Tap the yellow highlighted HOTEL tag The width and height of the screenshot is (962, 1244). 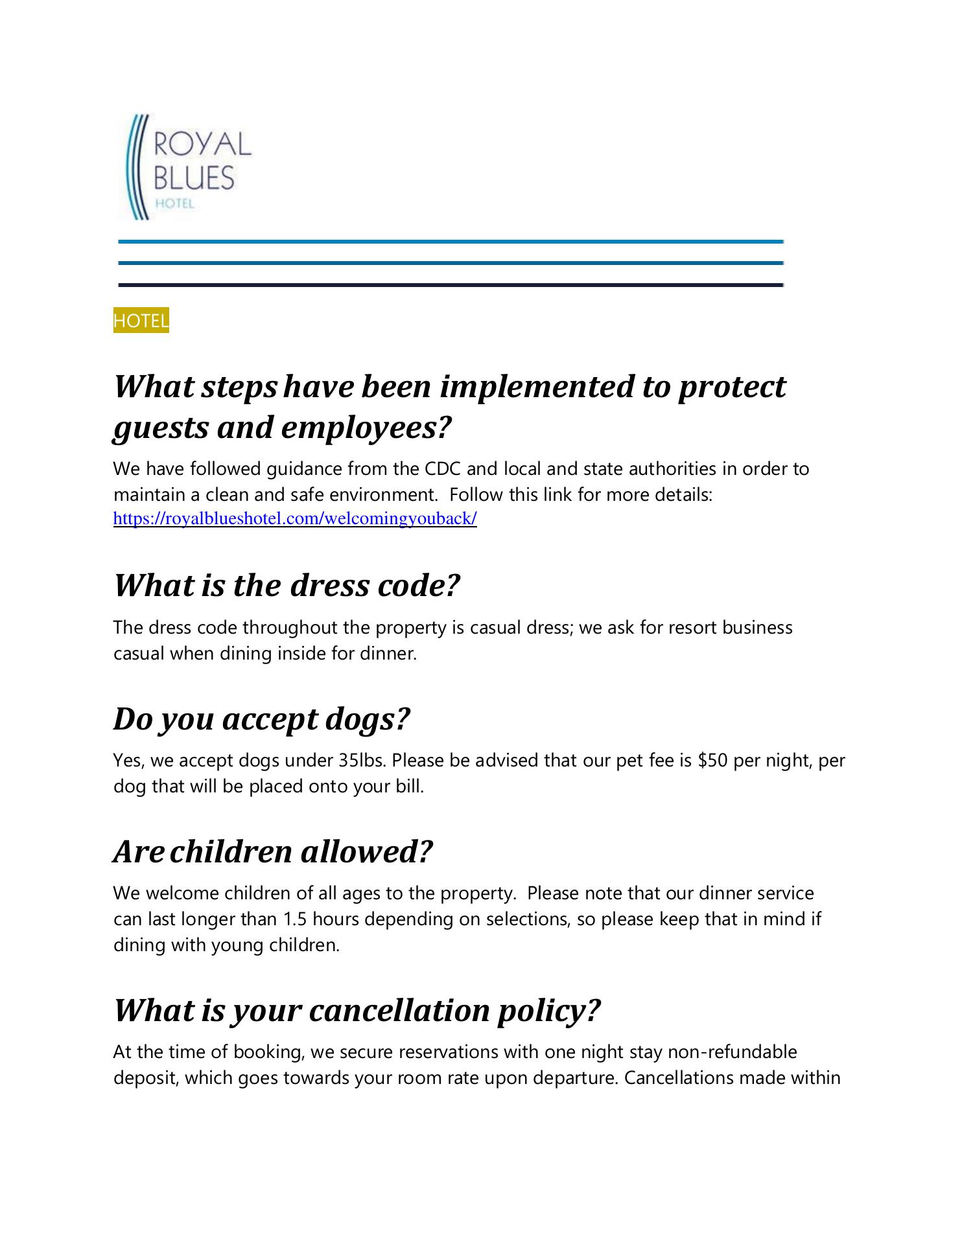click(x=141, y=320)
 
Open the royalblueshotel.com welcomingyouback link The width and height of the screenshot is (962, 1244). click(x=295, y=519)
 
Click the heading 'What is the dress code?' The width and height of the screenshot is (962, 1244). click(x=287, y=586)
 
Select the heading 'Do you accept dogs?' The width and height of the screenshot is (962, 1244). click(x=262, y=719)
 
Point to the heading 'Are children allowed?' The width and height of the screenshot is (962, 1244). click(x=272, y=851)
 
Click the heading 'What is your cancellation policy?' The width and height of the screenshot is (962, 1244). click(x=357, y=1010)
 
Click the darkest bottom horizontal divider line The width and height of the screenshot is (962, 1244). click(x=451, y=285)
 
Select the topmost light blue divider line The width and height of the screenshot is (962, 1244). click(x=451, y=242)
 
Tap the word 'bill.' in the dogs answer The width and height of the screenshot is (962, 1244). click(x=408, y=787)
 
